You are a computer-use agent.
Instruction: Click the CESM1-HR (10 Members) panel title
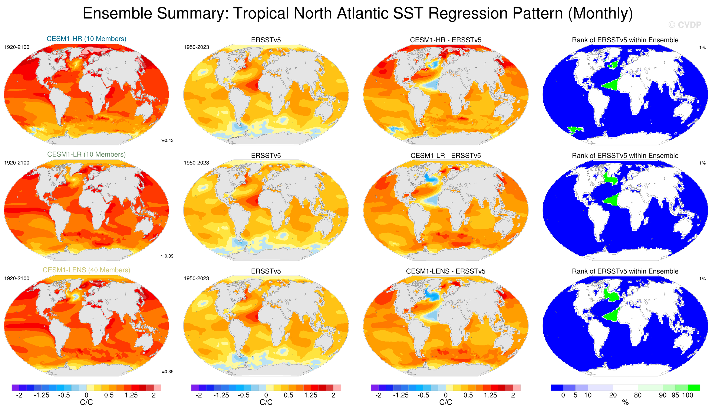click(x=86, y=39)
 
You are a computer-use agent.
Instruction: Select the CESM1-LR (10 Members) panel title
click(x=86, y=154)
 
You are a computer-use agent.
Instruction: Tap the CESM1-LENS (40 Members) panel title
click(x=86, y=270)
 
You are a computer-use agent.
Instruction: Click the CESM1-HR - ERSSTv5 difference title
click(x=446, y=40)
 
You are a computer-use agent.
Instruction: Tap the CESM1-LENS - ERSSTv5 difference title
click(x=446, y=271)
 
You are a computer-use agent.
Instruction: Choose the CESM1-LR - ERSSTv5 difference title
click(x=446, y=156)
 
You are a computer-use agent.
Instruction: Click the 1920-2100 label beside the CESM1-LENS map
click(x=17, y=278)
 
